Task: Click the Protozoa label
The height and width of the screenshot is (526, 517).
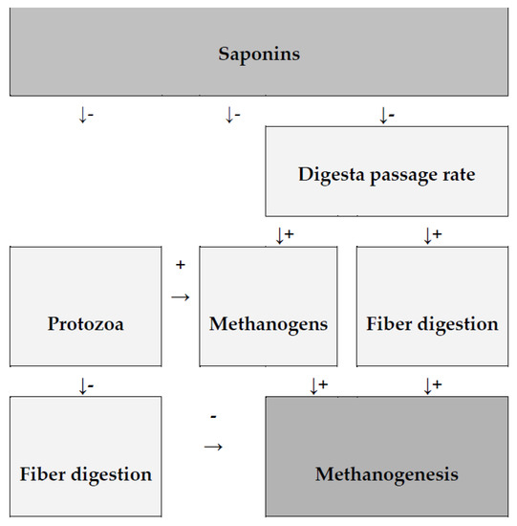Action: point(85,324)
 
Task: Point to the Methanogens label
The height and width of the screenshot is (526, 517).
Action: point(269,324)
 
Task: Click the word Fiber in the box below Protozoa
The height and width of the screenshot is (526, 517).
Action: point(43,473)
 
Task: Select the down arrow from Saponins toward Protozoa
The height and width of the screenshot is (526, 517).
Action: point(82,116)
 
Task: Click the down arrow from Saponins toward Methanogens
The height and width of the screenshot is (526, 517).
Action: point(228,116)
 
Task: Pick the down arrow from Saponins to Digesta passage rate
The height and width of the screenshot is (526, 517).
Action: point(382,116)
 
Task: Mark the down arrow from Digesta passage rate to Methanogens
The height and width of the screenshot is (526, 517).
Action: point(279,235)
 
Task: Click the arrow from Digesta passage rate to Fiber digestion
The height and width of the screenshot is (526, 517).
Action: point(427,235)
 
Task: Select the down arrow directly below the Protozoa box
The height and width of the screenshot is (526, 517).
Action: point(82,386)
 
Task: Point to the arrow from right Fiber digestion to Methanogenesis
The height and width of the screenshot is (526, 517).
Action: point(427,386)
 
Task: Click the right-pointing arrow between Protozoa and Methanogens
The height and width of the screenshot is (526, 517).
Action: point(180,297)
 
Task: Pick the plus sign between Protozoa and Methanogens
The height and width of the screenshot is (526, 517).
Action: point(180,263)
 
